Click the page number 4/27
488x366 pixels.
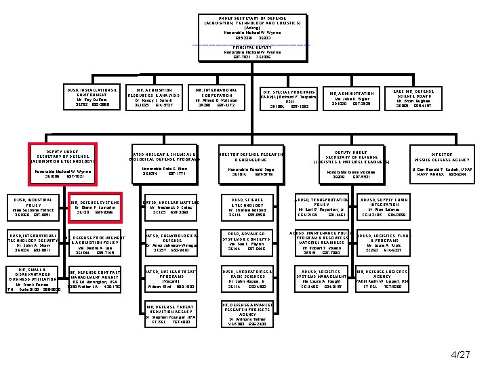pos(460,353)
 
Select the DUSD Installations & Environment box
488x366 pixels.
pos(93,98)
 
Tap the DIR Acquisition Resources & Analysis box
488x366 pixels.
pos(159,98)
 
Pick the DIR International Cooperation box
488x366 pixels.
pos(216,98)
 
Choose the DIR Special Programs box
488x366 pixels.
pos(288,99)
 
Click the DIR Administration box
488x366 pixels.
pos(352,98)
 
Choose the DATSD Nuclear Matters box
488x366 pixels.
pos(170,207)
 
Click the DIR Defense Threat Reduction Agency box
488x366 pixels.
pos(170,314)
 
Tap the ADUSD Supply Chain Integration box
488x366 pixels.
pos(384,207)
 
